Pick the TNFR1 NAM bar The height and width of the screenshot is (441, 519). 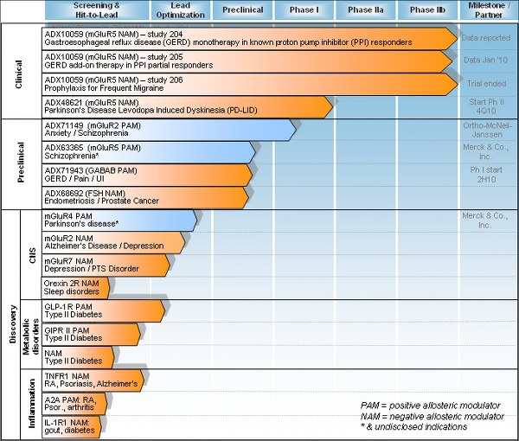[96, 380]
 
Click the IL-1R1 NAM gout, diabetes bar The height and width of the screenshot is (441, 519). [73, 425]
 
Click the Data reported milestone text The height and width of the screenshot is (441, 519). [485, 38]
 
